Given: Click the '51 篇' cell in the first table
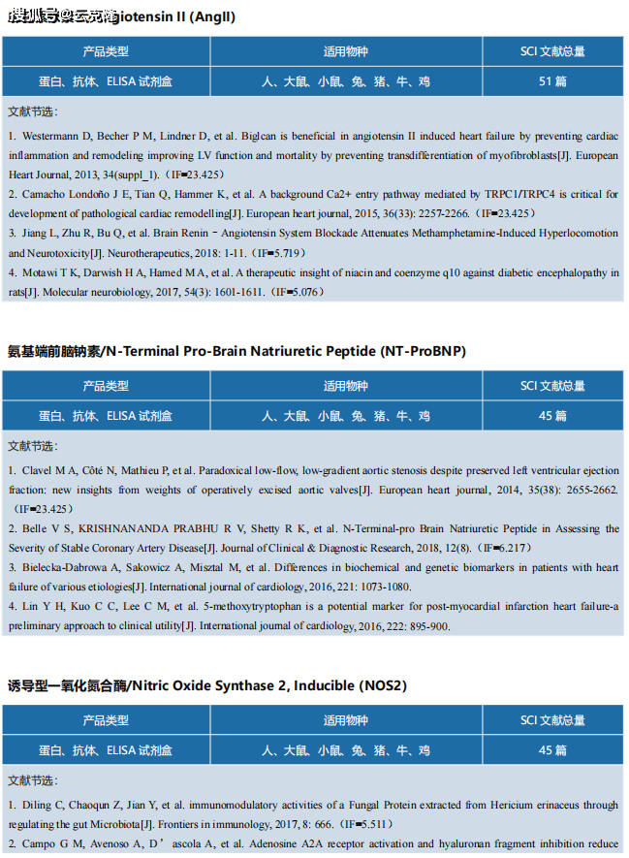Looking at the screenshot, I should [x=552, y=81].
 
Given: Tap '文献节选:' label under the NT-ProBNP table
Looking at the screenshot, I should [x=32, y=446].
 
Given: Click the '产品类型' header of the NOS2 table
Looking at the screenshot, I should [x=106, y=720].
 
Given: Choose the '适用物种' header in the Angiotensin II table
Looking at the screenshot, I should [x=346, y=51].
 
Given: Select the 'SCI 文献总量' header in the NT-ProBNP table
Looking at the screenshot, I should [x=552, y=386].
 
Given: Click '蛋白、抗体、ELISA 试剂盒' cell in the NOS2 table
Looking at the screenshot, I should [x=106, y=750].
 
